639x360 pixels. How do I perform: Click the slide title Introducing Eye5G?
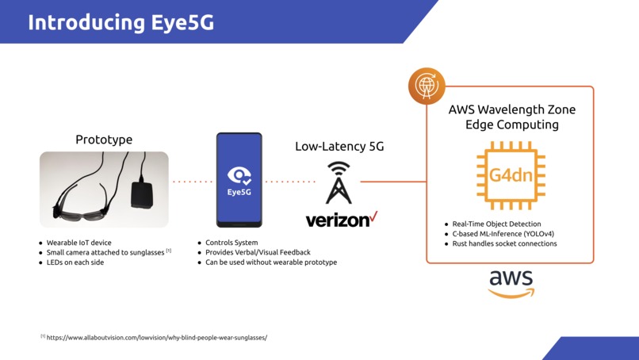tap(121, 22)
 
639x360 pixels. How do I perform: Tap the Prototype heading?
tap(104, 140)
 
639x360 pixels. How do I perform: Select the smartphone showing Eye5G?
tap(239, 180)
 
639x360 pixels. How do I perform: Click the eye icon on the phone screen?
tap(239, 175)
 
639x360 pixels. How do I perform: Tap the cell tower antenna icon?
tap(339, 183)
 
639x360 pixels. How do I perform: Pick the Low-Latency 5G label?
tap(339, 147)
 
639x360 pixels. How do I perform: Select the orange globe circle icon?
tap(427, 86)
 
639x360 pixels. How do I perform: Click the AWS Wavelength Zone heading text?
tap(512, 117)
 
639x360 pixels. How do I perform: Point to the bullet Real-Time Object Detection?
tap(496, 224)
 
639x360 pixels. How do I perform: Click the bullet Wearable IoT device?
tap(79, 243)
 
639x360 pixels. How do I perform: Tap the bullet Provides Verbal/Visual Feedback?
tap(258, 252)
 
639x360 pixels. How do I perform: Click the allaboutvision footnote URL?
tap(156, 337)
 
